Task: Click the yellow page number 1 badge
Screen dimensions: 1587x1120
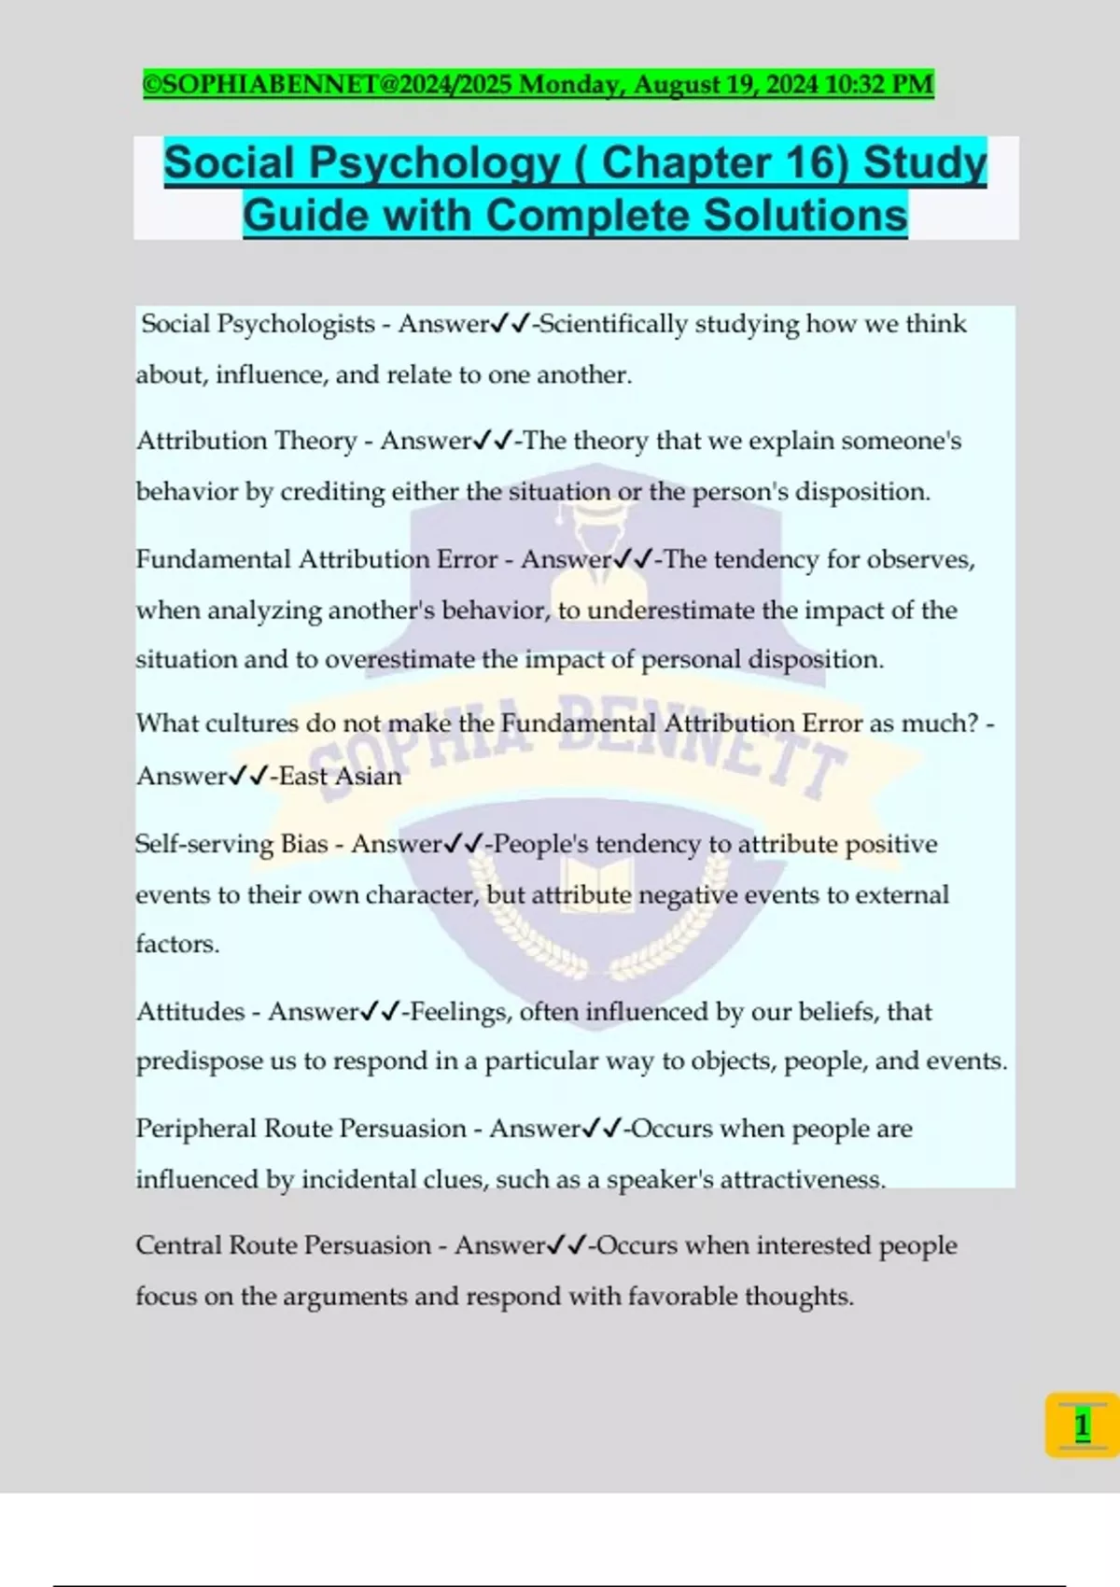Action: (x=1082, y=1425)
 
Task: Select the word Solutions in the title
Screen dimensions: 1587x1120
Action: (x=805, y=216)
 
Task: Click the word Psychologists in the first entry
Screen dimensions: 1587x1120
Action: (x=296, y=324)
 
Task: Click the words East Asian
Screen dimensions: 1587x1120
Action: (x=341, y=776)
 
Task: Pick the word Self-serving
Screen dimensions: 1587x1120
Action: (x=204, y=844)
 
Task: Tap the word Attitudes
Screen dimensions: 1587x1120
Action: (x=190, y=1012)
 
